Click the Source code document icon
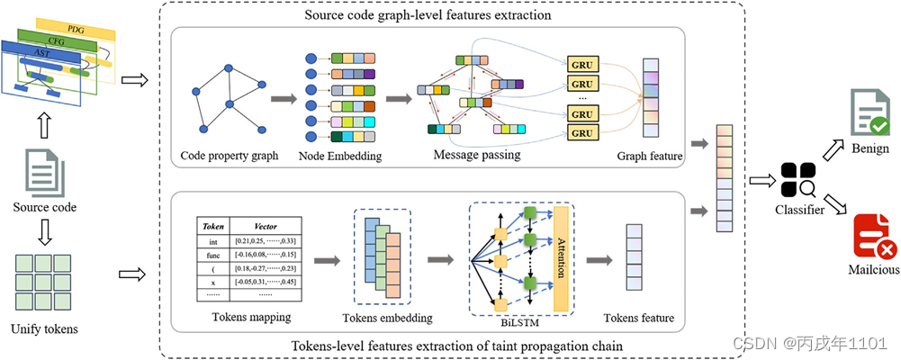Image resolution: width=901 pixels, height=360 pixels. (x=42, y=171)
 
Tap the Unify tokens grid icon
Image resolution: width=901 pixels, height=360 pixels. (x=42, y=283)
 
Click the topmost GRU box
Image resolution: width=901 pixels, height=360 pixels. (x=582, y=66)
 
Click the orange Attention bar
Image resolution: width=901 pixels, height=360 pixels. (x=563, y=257)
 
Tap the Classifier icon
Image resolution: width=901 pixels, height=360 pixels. (x=798, y=180)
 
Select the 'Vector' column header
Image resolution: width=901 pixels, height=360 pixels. (x=266, y=228)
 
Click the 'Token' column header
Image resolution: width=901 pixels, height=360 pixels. (x=213, y=228)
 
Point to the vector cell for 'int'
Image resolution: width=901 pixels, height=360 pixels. (x=266, y=241)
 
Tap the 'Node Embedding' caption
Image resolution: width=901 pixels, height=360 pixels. (x=339, y=156)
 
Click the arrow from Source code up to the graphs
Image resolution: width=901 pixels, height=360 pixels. (x=42, y=121)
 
